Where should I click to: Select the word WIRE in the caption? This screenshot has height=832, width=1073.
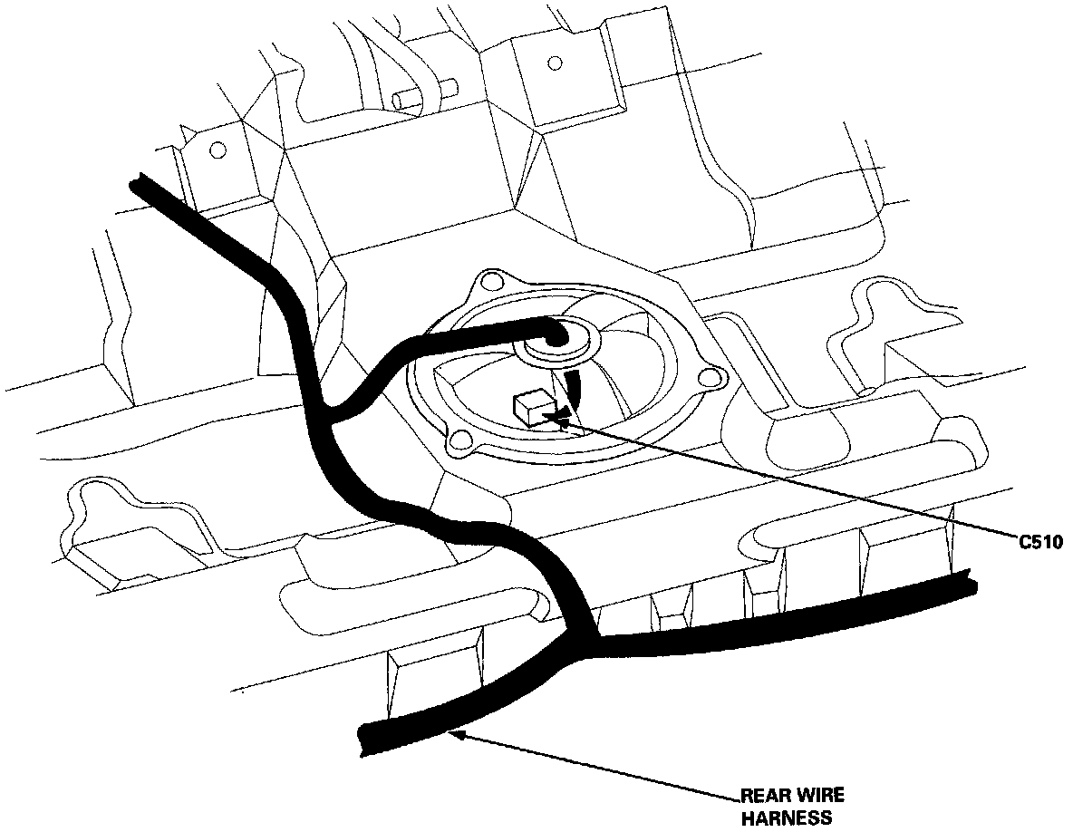(x=820, y=798)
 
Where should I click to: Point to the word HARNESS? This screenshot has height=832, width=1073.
(x=787, y=818)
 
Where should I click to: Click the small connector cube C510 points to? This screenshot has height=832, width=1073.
(x=531, y=406)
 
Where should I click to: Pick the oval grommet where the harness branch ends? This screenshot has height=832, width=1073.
(x=555, y=341)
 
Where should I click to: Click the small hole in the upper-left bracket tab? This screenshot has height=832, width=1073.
(x=217, y=150)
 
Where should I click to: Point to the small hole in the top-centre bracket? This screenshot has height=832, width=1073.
(x=556, y=63)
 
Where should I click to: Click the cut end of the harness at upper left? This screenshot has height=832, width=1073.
(x=138, y=185)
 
